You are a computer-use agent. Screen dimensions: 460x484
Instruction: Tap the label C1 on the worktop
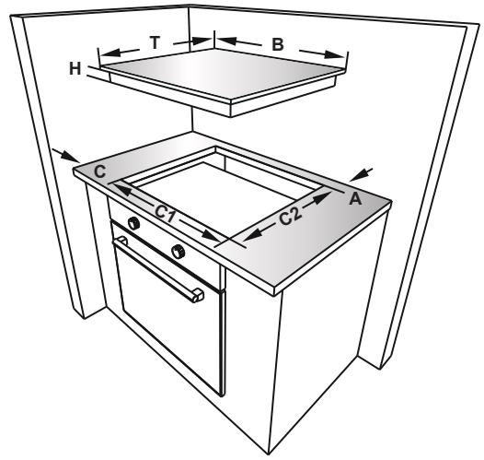pos(166,213)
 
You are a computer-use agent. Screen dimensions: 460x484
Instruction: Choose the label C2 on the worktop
pos(289,218)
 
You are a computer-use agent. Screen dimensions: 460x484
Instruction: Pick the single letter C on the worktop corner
pos(98,171)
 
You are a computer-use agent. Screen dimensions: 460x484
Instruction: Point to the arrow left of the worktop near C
pos(63,154)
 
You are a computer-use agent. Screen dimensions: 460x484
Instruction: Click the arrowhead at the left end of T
pos(102,53)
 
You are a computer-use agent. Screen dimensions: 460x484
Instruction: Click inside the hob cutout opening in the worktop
pos(221,190)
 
